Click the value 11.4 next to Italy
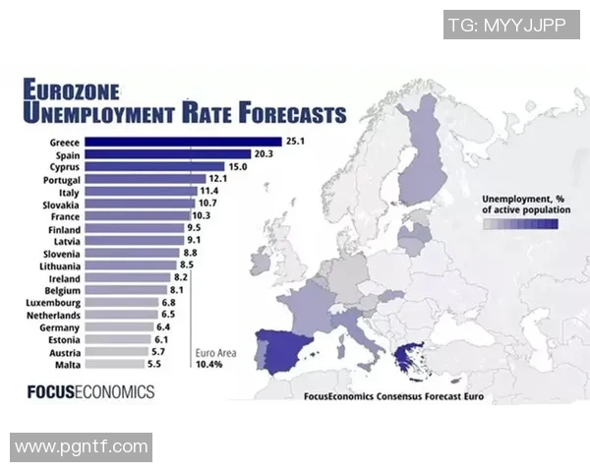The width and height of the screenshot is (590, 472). (x=208, y=191)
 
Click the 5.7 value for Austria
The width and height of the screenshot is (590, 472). (x=157, y=351)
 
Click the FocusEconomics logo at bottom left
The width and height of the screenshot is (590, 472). (x=90, y=391)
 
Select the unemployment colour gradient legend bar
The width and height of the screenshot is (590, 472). (x=520, y=224)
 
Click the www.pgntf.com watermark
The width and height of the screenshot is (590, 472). (x=82, y=447)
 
